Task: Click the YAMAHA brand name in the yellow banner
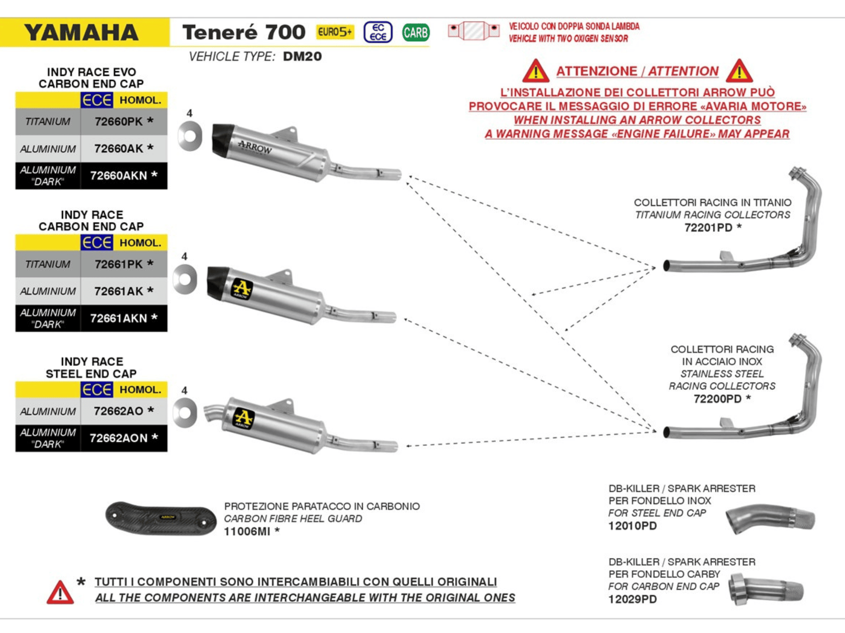(x=81, y=33)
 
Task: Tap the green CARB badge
(x=415, y=32)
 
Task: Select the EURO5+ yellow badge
(x=335, y=32)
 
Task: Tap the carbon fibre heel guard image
(x=161, y=518)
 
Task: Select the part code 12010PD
(x=633, y=526)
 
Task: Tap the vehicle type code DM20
(x=302, y=56)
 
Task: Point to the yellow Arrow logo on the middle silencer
(x=242, y=288)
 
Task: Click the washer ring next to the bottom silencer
(x=185, y=413)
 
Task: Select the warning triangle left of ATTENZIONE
(x=535, y=71)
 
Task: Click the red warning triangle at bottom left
(x=60, y=593)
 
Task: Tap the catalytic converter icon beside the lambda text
(x=474, y=30)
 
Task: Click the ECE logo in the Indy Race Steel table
(x=97, y=389)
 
